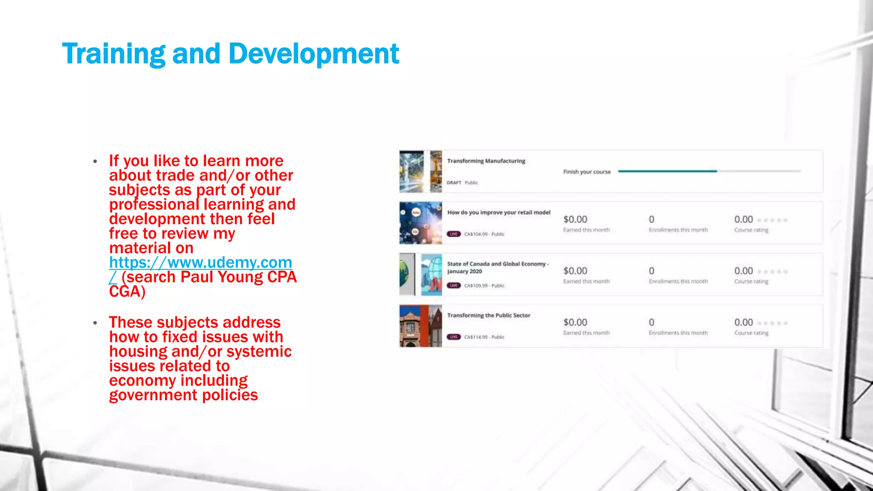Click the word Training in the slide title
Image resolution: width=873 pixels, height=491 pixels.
click(113, 54)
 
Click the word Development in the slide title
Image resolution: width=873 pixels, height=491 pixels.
click(314, 54)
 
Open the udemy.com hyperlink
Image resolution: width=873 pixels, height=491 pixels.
click(200, 263)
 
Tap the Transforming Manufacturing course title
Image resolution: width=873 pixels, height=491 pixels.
click(486, 161)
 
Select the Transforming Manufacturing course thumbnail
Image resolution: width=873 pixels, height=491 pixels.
click(420, 171)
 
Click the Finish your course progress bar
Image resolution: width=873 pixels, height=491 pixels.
click(709, 171)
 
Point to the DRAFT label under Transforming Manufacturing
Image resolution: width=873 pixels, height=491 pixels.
click(454, 183)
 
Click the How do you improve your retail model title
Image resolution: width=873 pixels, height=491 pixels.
click(499, 213)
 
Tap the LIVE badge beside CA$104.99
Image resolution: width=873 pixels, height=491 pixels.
click(454, 234)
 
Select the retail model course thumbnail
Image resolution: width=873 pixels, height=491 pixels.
click(420, 223)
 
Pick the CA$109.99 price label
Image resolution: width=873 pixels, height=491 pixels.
click(484, 286)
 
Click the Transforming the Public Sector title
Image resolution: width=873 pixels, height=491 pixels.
click(489, 315)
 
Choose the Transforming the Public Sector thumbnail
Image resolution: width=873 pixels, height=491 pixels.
click(420, 326)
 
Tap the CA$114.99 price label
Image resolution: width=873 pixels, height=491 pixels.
click(484, 337)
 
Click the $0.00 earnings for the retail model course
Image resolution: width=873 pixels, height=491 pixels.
click(575, 220)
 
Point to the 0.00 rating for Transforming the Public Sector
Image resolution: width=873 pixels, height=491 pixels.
click(743, 323)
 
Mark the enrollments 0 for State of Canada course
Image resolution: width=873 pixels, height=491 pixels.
click(651, 271)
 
